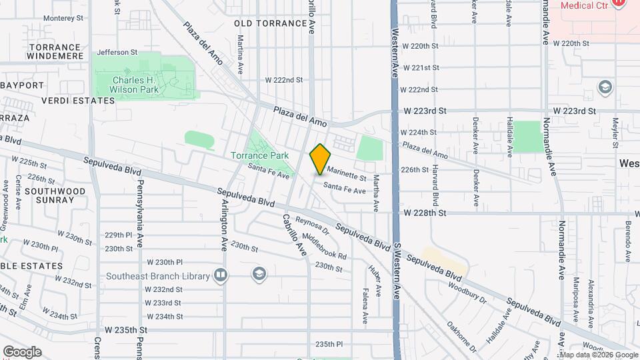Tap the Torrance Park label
[x=259, y=155]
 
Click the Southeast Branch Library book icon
[x=221, y=275]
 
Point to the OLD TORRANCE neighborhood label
[x=271, y=23]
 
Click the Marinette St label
[x=347, y=173]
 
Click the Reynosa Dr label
[x=313, y=225]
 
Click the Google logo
[x=21, y=352]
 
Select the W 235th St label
[x=125, y=330]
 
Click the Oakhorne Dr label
[x=461, y=337]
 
